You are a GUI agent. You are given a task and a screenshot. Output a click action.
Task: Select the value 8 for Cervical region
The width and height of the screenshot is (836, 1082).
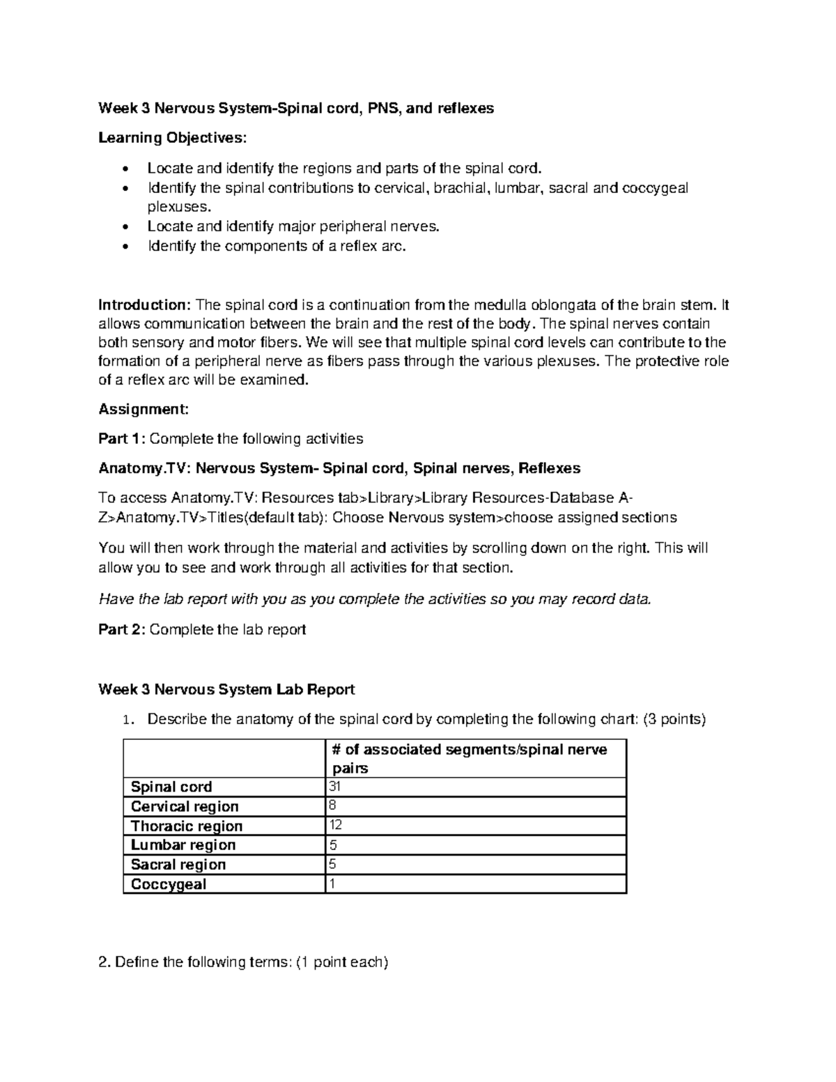tap(331, 805)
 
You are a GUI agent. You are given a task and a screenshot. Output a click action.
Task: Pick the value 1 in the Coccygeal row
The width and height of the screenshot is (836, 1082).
tap(331, 883)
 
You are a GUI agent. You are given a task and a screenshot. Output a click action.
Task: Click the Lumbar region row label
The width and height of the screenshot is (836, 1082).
tap(183, 845)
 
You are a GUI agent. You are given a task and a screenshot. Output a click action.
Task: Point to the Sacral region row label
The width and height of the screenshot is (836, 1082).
tap(178, 865)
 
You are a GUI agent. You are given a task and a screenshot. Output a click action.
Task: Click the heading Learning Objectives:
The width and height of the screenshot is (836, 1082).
tap(172, 138)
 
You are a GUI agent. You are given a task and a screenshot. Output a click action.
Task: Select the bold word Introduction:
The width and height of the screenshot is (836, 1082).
tap(144, 305)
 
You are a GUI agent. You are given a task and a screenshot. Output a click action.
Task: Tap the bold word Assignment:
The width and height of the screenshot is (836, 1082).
tap(144, 409)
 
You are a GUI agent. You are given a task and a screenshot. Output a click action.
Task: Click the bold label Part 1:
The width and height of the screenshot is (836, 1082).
tap(123, 439)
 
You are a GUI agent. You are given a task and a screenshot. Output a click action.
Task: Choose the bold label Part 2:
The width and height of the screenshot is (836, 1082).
tap(123, 630)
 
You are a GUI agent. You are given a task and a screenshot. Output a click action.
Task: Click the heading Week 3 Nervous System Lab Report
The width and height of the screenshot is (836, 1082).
tap(226, 690)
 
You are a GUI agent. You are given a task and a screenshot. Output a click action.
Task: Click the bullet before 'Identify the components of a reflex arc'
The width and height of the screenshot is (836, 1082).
tap(125, 247)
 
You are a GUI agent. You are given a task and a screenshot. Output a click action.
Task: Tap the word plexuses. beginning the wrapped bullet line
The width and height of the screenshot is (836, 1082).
tap(178, 207)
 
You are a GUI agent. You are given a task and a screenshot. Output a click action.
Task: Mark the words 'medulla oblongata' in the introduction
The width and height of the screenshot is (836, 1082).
tap(535, 305)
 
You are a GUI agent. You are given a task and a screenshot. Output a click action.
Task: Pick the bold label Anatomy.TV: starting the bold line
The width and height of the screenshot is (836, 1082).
tap(144, 468)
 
